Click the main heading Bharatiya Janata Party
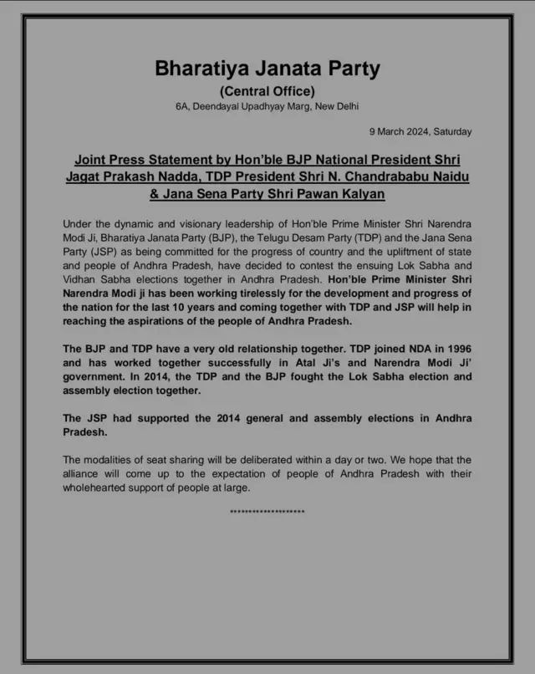point(267,68)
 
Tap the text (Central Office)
point(267,91)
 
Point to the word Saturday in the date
point(452,131)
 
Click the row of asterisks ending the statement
point(267,511)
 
